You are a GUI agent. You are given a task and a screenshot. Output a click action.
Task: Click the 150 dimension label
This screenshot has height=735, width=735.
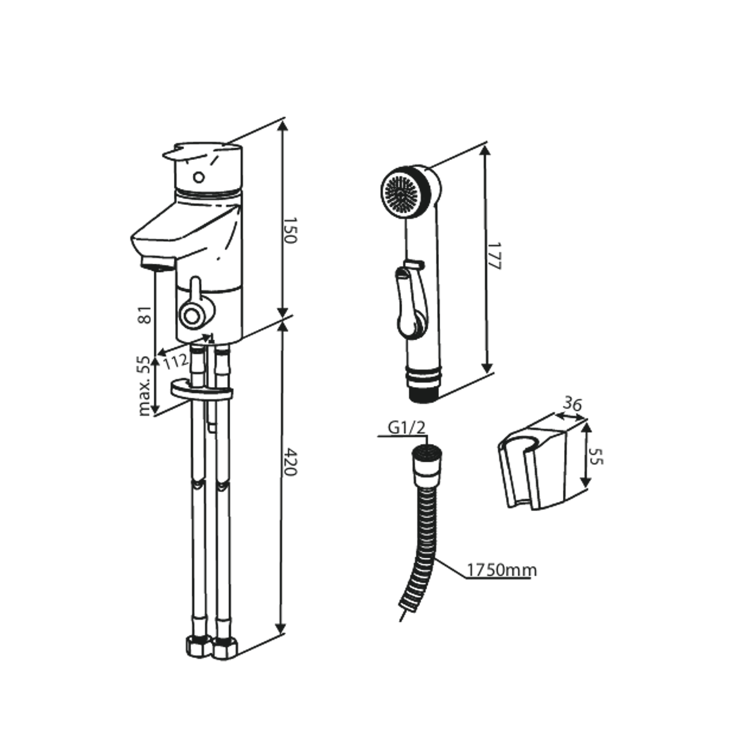pos(289,232)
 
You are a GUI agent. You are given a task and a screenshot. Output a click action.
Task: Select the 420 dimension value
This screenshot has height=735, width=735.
pos(289,462)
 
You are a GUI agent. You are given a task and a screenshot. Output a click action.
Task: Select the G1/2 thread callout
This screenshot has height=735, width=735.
pos(407,428)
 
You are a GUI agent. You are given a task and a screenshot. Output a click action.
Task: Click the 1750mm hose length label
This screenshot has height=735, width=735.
pos(502,571)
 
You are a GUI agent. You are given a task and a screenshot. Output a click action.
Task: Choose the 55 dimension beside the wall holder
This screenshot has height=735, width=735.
pos(596,456)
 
